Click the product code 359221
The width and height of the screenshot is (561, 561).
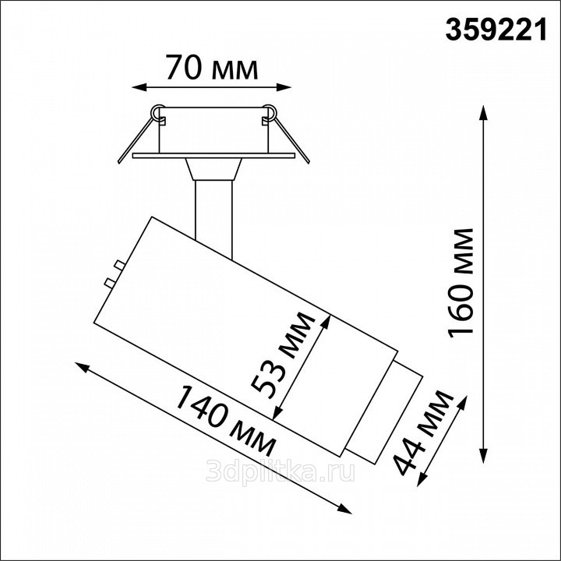pos(496,30)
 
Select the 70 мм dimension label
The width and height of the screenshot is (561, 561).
pos(211,67)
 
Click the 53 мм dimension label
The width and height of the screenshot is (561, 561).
pos(283,355)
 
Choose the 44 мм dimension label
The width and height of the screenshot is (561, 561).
pos(422,433)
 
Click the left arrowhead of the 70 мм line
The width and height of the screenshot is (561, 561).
pos(139,87)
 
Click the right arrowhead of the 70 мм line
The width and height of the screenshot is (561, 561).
pos(284,87)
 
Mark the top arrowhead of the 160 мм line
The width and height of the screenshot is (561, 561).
pos(484,113)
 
